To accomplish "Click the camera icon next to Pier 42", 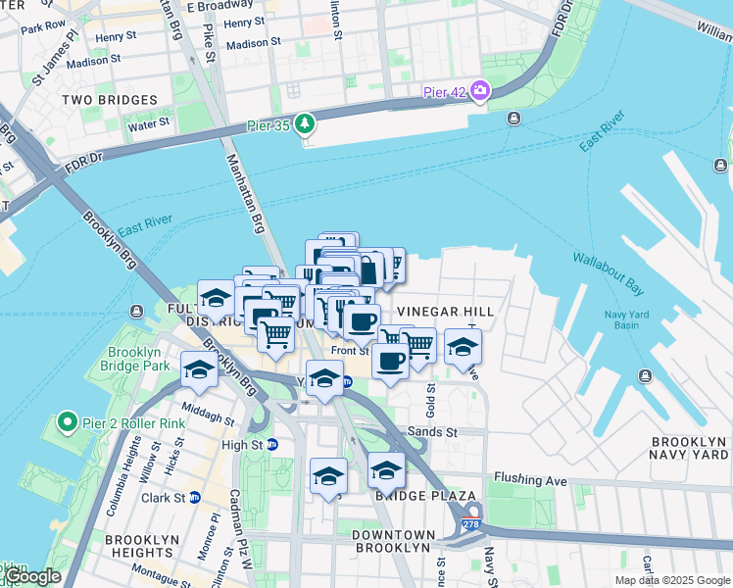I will coord(480,91).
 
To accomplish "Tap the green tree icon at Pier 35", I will coord(306,122).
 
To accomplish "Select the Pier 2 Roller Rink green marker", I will coord(67,422).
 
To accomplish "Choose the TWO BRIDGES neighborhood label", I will coord(109,100).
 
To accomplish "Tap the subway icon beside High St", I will coord(272,444).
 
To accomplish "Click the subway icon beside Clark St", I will coord(195,497).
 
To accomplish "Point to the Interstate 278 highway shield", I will coord(473,514).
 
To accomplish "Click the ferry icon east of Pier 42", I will coord(513,119).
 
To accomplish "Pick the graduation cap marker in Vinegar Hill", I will coord(463,346).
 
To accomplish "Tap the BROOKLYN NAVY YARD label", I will coord(689,448).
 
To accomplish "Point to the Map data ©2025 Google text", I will coord(672,580).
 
